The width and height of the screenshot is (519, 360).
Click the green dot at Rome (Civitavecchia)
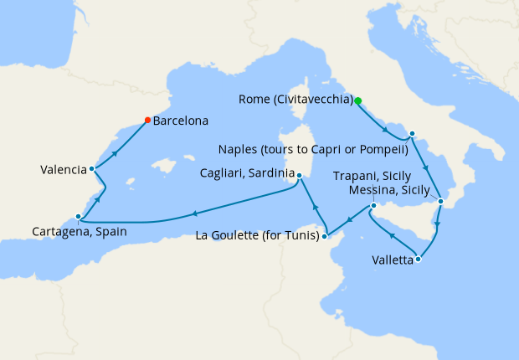point(357,100)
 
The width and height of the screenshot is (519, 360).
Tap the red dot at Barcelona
point(147,120)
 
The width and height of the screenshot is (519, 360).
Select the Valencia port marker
point(91,169)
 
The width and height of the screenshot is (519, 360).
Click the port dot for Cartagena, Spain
point(78,215)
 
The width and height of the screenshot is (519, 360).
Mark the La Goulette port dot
point(325,236)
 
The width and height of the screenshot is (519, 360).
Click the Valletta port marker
point(418,260)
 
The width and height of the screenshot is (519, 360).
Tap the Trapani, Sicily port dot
point(373,205)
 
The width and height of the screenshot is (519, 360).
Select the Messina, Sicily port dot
point(440,202)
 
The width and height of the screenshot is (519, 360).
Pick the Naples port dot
point(412,134)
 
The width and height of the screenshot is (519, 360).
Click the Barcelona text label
point(181,121)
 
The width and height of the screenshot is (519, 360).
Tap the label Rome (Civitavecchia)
point(295,100)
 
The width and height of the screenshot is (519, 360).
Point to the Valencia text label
point(63,170)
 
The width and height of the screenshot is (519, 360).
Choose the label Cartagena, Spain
point(80,232)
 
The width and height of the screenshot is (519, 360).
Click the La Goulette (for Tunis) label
point(257,236)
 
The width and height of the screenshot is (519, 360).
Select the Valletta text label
point(393,260)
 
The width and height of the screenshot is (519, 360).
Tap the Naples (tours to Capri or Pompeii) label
point(312,151)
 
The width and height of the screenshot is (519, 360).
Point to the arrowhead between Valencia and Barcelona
point(114,153)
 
